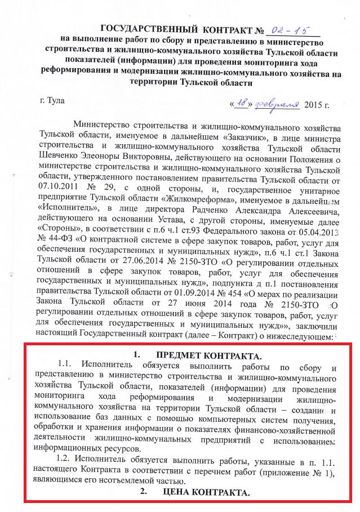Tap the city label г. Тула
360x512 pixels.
point(53,101)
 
